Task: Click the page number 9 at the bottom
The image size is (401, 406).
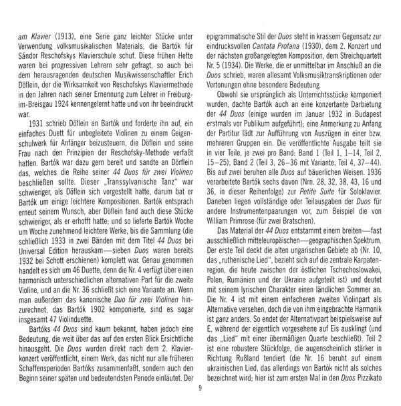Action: pos(200,391)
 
